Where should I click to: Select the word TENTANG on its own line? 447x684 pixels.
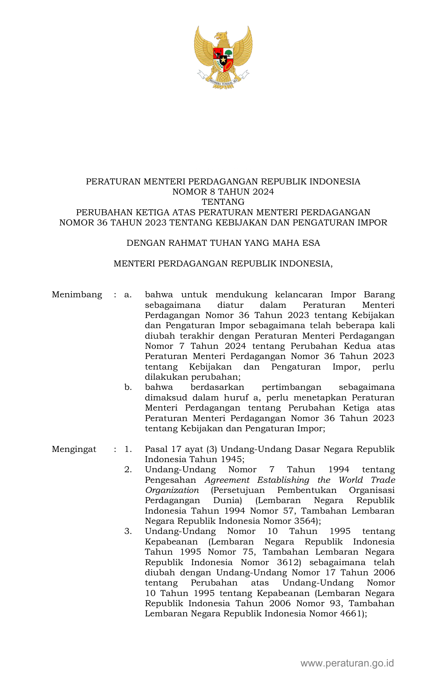click(223, 202)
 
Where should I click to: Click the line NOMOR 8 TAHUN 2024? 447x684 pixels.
click(223, 192)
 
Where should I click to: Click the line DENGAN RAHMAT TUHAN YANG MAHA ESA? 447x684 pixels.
click(223, 243)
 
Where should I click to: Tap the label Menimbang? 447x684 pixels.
click(77, 295)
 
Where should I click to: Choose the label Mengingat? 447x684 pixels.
click(74, 449)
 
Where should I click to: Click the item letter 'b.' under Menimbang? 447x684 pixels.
click(128, 387)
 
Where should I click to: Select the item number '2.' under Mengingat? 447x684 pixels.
click(128, 470)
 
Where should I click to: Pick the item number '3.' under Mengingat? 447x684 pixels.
click(128, 531)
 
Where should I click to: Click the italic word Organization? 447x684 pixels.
click(172, 490)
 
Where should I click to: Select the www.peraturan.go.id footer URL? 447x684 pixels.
click(347, 663)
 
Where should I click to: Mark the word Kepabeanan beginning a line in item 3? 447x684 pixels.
click(171, 542)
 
